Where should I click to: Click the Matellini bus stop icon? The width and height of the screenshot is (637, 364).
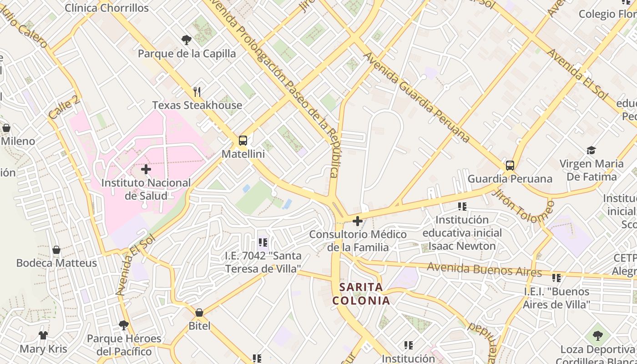coord(243,140)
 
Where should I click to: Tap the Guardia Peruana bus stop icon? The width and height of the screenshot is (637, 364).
coord(510,165)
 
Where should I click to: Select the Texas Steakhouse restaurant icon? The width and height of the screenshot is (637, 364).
coord(197,92)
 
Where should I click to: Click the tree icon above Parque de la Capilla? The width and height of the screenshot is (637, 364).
coord(186,40)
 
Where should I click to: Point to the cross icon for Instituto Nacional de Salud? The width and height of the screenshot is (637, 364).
coord(146,170)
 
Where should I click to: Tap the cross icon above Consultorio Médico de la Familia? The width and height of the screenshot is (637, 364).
coord(358,222)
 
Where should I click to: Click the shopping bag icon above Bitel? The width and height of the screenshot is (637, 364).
coord(199,313)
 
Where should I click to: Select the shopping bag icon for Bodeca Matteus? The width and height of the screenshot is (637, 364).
coord(56,250)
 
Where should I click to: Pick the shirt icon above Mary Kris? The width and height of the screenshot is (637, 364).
coord(43,336)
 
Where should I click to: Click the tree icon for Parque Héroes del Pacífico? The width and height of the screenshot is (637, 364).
coord(124,325)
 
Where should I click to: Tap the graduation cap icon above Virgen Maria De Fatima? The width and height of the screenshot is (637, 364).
coord(591,150)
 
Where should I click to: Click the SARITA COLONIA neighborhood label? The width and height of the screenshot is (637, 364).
coord(361,294)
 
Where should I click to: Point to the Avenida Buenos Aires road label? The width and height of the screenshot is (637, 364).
coord(484,270)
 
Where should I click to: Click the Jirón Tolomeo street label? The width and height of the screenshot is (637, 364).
coord(523,206)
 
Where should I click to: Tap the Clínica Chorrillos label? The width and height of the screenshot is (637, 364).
coord(106,8)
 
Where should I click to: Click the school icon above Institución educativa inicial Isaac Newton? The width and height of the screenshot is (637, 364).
coord(462,207)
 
